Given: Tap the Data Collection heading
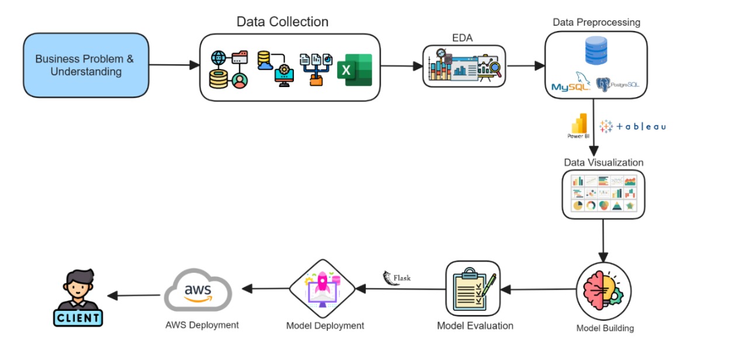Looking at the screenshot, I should [282, 22].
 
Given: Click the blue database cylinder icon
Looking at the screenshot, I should [596, 51].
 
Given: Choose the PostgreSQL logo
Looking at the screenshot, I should [618, 84].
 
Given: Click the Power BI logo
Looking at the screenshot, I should [578, 125].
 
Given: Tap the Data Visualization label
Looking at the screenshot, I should [604, 162].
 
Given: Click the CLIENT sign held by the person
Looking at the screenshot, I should [78, 317].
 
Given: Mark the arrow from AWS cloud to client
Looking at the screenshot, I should [135, 295].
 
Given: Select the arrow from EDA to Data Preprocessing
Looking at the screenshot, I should [525, 65].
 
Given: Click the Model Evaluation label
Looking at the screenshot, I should [475, 326].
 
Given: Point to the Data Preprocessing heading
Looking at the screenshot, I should [597, 22].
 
